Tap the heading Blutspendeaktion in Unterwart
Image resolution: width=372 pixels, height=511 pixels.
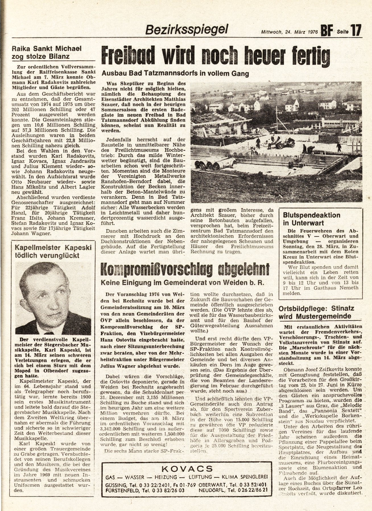coord(312,219)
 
